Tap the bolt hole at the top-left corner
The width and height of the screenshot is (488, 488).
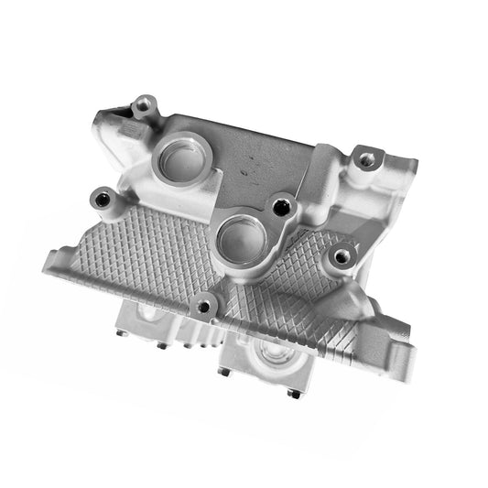143,105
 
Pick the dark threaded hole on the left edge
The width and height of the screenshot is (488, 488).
102,198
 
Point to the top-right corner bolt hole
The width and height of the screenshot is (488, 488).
367,159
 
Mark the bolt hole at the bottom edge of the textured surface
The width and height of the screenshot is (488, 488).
206,307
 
